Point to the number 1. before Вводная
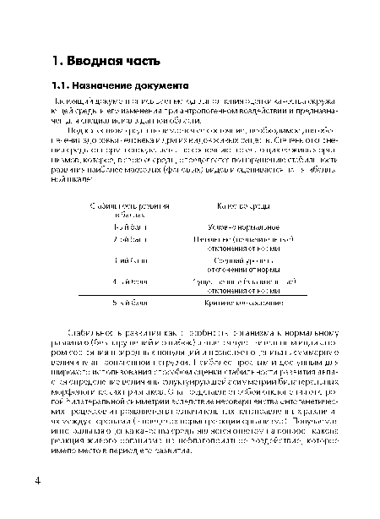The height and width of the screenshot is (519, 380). (49, 59)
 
